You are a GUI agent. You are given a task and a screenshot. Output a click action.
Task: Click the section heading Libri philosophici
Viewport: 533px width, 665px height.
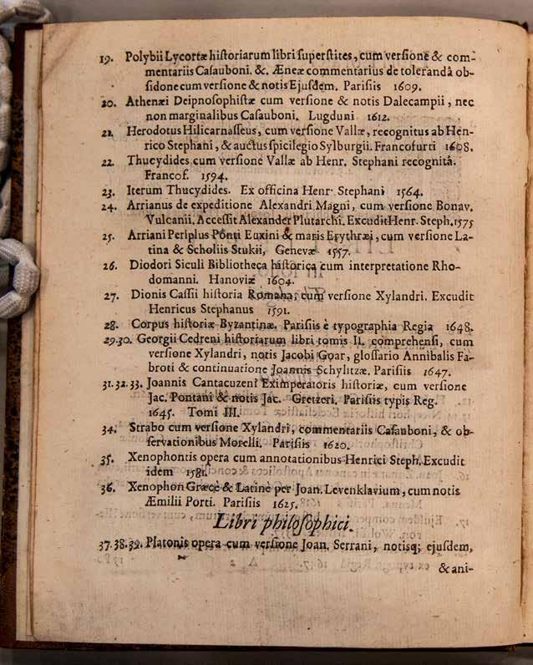pyautogui.click(x=284, y=524)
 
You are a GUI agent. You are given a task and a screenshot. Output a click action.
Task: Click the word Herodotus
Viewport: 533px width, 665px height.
pyautogui.click(x=159, y=132)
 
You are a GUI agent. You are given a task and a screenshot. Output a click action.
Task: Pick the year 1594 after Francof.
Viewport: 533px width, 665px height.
pyautogui.click(x=195, y=177)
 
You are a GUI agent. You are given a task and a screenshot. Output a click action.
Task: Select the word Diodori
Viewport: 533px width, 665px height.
pyautogui.click(x=150, y=267)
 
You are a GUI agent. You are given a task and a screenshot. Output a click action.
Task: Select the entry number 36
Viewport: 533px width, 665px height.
pyautogui.click(x=107, y=490)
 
